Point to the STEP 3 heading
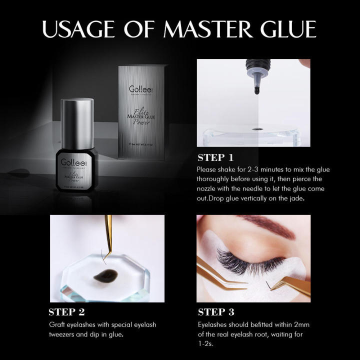pyautogui.click(x=216, y=312)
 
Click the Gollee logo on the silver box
pyautogui.click(x=134, y=83)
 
